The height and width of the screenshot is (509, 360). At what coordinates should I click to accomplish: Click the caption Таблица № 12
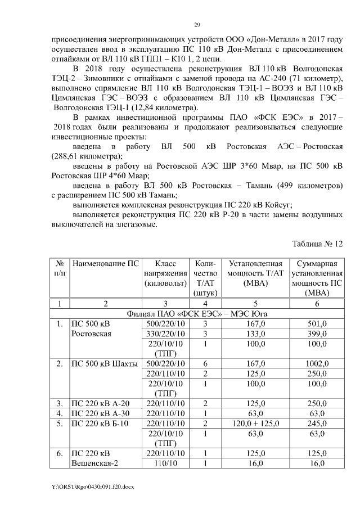click(x=317, y=244)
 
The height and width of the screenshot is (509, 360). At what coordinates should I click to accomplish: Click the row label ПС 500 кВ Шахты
click(x=103, y=364)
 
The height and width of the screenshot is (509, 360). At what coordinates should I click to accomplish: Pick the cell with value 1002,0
click(x=318, y=364)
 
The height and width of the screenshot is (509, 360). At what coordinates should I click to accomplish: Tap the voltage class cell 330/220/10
click(x=165, y=334)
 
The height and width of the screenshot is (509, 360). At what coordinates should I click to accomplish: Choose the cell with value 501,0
click(x=318, y=323)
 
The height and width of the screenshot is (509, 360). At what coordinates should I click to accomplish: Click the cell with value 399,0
click(x=318, y=334)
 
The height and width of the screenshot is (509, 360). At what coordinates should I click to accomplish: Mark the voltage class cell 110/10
click(x=165, y=462)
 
